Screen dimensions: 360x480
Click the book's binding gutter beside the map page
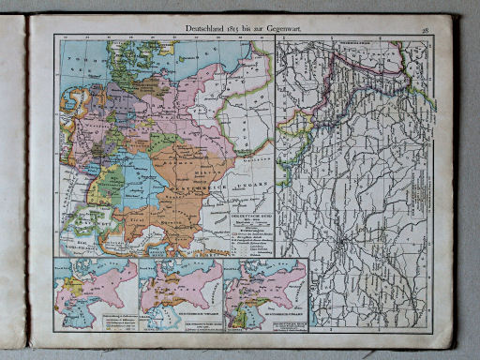pos(27,187)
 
